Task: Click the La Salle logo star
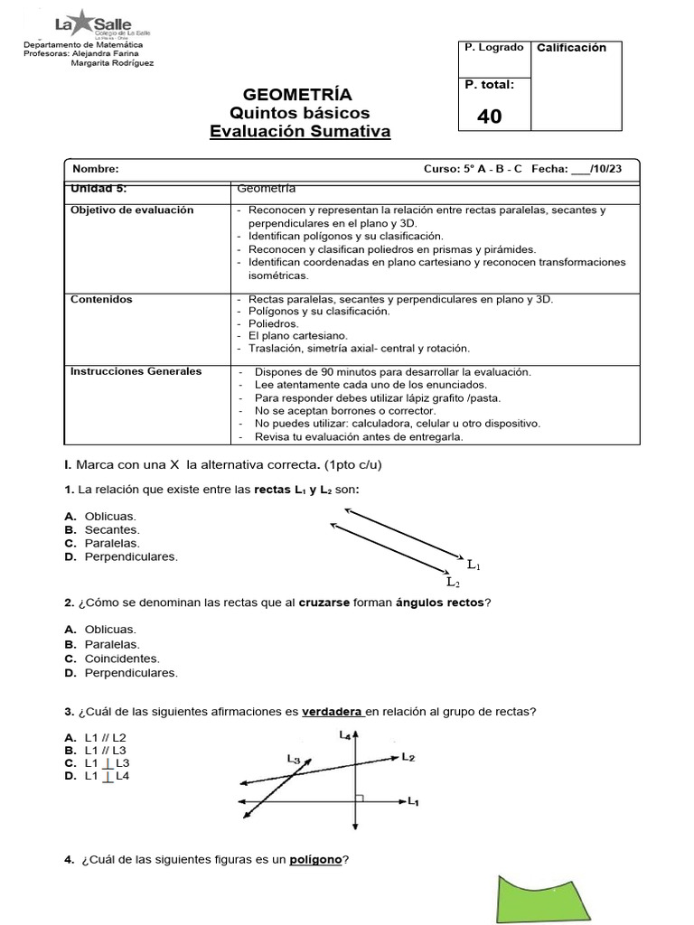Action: tap(82, 20)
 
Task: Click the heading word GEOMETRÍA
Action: tap(298, 95)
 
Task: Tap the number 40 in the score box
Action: tap(489, 117)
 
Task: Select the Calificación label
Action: tap(571, 48)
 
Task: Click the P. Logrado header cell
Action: tap(494, 46)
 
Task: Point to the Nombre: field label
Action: tap(95, 169)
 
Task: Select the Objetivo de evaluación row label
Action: tap(132, 210)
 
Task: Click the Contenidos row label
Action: tap(101, 299)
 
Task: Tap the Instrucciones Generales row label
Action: tap(136, 371)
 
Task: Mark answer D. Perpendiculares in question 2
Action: tap(121, 673)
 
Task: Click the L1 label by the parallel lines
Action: tap(474, 565)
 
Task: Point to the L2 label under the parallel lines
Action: tap(454, 584)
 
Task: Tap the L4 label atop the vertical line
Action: tap(345, 735)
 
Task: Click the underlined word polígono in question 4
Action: tap(315, 860)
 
